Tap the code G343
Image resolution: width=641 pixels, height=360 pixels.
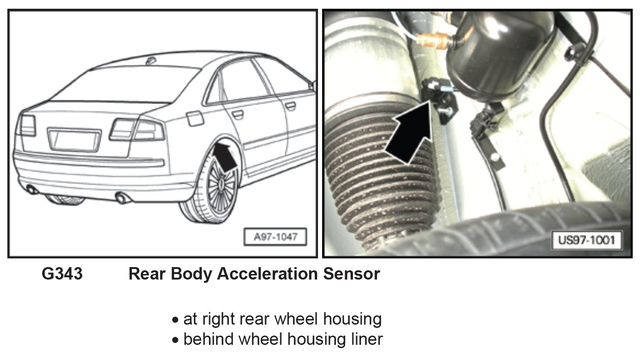click(x=62, y=274)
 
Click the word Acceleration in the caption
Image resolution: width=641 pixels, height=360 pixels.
click(x=267, y=274)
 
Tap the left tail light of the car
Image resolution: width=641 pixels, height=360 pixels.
click(x=26, y=125)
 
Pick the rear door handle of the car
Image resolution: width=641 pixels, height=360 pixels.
click(x=237, y=114)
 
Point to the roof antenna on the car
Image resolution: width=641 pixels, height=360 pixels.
click(x=150, y=60)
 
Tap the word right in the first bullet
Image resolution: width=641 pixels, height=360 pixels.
click(x=216, y=319)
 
